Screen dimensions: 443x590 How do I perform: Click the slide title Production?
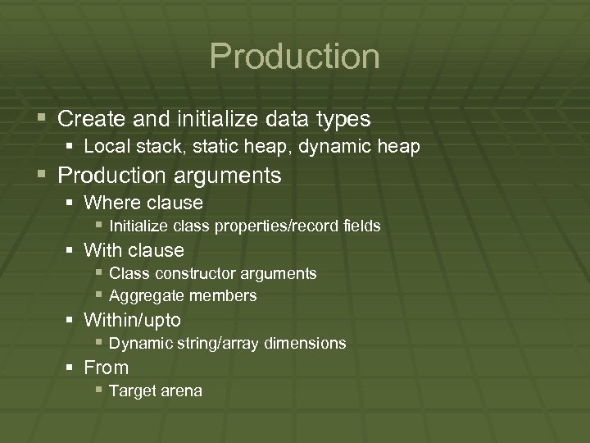[x=294, y=57]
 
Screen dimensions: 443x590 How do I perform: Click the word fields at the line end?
[x=361, y=226]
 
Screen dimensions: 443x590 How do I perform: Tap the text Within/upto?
[x=132, y=320]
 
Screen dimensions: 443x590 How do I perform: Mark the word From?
[x=107, y=368]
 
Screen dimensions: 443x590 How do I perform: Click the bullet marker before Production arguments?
[x=43, y=176]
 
